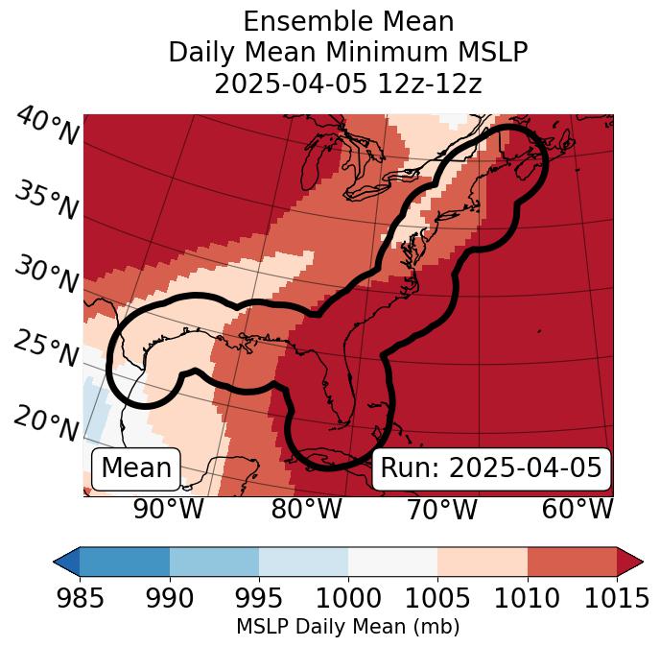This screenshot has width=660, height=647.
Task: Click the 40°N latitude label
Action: (47, 127)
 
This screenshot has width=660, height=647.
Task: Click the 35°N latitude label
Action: (47, 201)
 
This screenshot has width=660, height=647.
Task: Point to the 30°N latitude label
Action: (47, 275)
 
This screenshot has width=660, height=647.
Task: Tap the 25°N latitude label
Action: (47, 348)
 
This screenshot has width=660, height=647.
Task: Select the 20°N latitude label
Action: (47, 422)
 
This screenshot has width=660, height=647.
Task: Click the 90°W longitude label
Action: (168, 509)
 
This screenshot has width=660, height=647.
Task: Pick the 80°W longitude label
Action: (306, 509)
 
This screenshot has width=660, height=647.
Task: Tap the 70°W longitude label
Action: (440, 509)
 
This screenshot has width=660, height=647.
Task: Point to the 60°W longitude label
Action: (577, 509)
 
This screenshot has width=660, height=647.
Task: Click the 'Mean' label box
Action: (136, 468)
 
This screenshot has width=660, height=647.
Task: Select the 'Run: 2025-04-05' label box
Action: (491, 468)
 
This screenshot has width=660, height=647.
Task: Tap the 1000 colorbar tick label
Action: (348, 598)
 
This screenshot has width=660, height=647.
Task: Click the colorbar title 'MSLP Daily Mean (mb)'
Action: (347, 627)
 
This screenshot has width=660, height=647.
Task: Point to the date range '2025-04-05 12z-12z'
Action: (348, 84)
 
